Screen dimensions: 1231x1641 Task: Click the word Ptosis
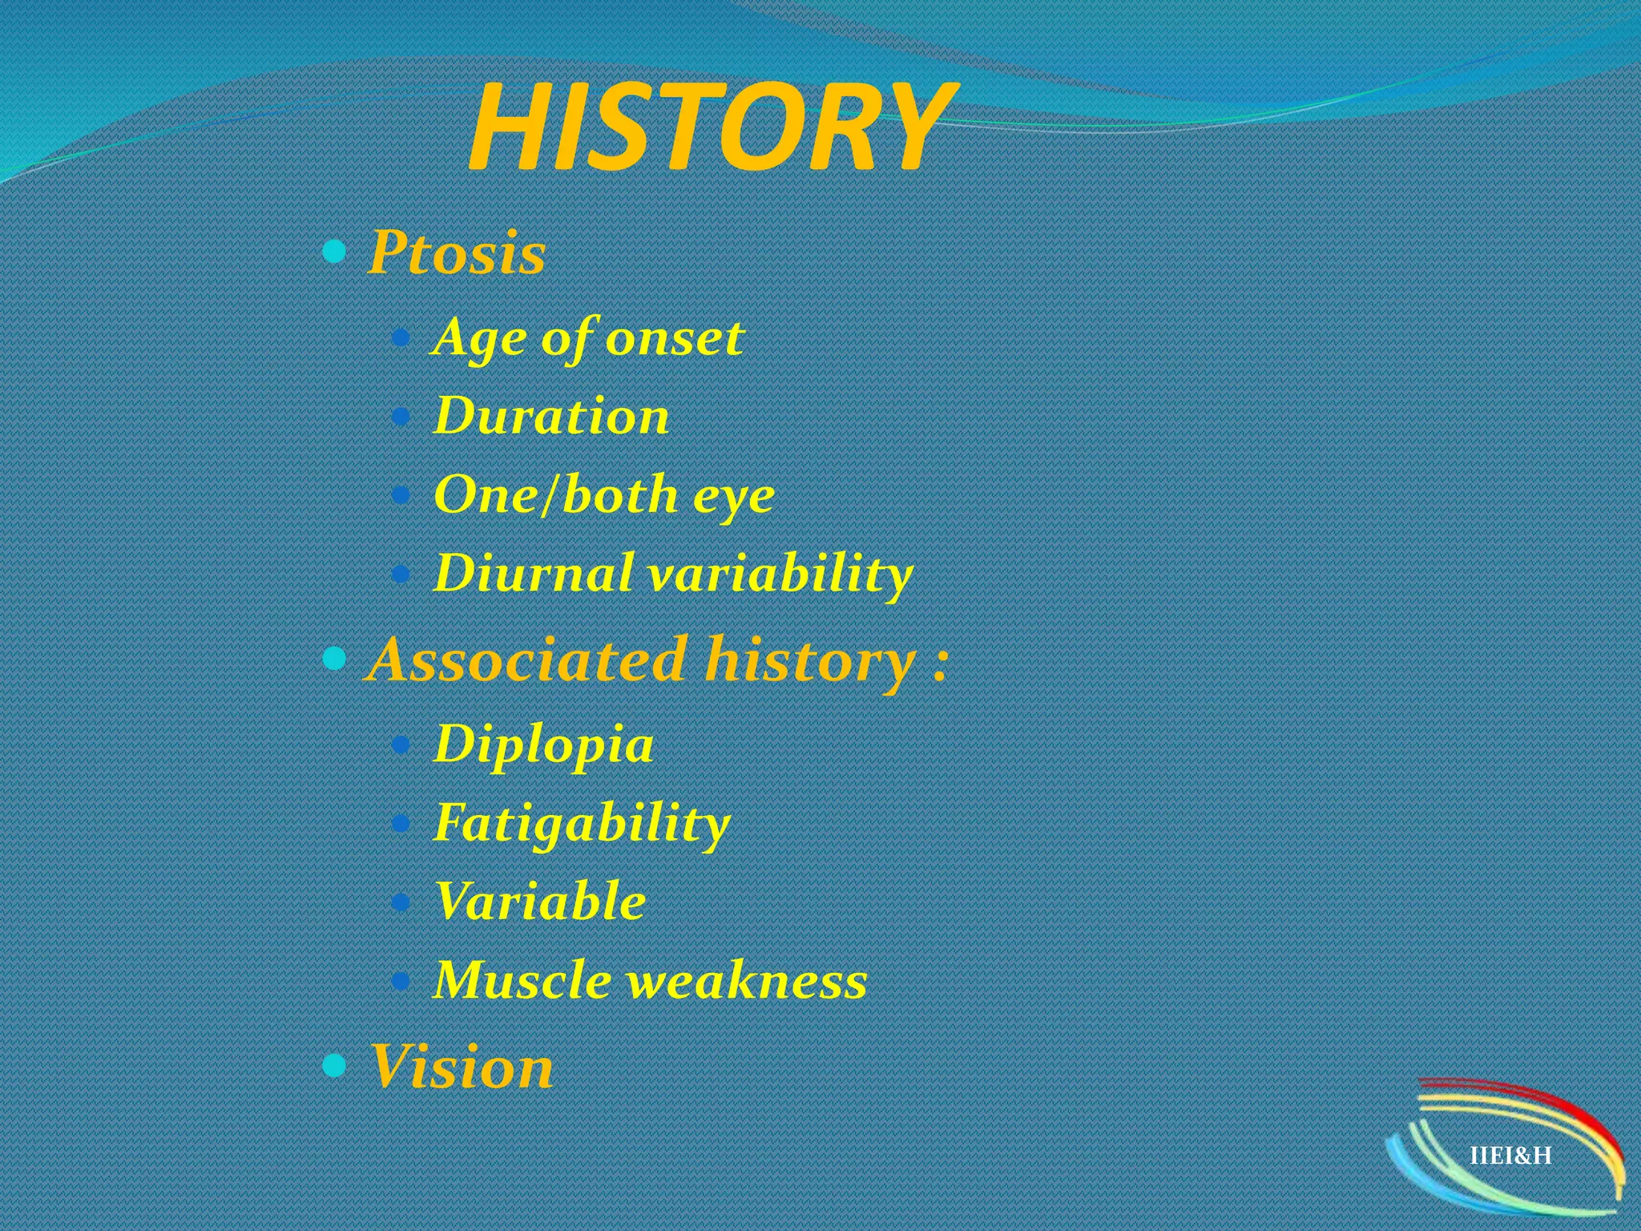(457, 253)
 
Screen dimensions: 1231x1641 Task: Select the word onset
(675, 337)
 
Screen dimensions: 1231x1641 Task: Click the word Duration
(551, 416)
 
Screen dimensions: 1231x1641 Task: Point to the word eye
(733, 495)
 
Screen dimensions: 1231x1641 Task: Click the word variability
(781, 575)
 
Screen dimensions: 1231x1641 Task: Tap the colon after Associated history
(941, 664)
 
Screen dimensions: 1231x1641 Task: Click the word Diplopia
(543, 745)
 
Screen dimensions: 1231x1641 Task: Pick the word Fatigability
(582, 823)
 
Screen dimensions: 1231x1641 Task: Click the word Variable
(540, 901)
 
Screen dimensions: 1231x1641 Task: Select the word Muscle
(522, 979)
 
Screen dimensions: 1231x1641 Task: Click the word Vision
(461, 1067)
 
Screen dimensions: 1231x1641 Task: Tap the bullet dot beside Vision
(334, 1065)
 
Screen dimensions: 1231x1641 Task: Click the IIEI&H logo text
(1510, 1155)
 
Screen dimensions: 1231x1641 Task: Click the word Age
(479, 339)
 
